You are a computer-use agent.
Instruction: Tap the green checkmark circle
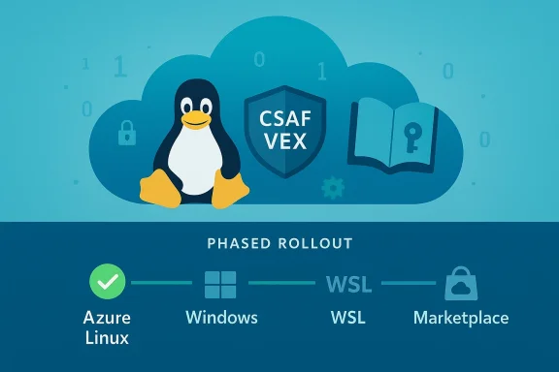coord(108,284)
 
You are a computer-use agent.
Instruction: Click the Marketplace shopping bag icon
coord(458,284)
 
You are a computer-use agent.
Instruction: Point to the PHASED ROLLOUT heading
coord(279,242)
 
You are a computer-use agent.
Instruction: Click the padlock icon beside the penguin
coord(127,135)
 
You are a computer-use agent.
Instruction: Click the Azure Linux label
coord(108,326)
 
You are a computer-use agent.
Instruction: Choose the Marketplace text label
coord(460,318)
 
